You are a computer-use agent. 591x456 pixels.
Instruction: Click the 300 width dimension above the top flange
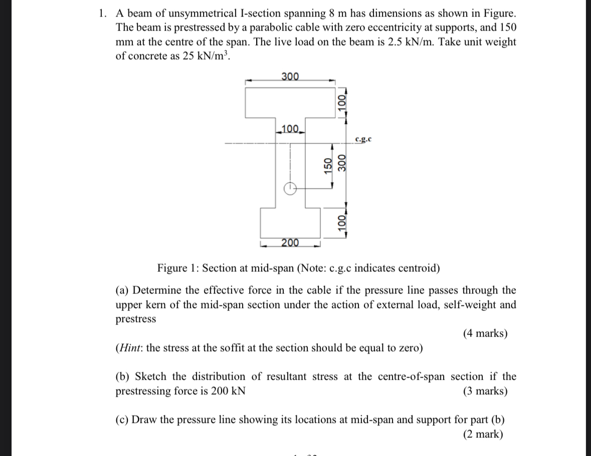click(290, 76)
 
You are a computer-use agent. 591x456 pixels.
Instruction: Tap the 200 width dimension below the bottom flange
click(290, 243)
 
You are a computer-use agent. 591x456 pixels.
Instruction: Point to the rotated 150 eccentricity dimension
click(328, 166)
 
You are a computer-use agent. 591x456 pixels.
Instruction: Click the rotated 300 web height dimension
click(343, 164)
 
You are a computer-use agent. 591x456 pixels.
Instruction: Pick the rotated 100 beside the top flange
click(342, 104)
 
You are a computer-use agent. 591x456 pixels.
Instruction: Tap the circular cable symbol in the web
click(290, 189)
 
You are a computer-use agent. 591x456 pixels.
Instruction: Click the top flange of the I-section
click(290, 103)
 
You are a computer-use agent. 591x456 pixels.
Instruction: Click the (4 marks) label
click(485, 333)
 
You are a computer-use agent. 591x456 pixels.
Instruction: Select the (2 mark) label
click(483, 434)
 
